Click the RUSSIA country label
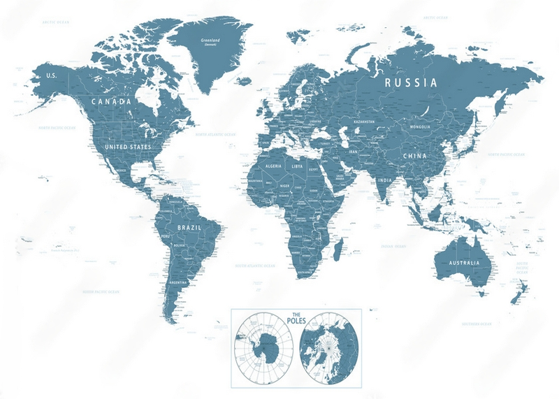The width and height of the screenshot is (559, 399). coord(411,82)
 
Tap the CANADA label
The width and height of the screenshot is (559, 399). coord(111,102)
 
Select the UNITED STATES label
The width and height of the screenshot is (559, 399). coord(127,147)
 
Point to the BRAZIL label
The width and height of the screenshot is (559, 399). coord(191,228)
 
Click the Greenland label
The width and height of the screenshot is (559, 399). coord(210,41)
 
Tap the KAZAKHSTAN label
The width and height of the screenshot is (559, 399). coord(364,122)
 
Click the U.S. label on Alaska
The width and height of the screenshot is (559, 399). coord(50,75)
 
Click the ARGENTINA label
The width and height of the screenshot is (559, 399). coord(178,282)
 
